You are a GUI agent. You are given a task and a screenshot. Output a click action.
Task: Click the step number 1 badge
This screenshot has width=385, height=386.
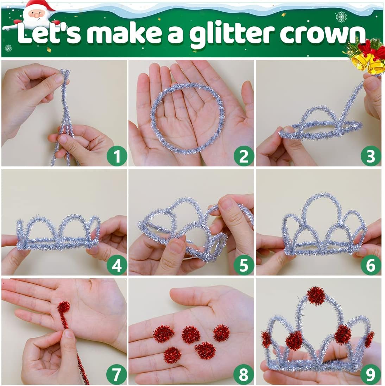tap(116, 156)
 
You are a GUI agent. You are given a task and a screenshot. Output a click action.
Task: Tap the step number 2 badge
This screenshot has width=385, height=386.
tap(244, 156)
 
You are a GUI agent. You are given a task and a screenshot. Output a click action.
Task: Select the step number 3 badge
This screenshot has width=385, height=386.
tap(371, 156)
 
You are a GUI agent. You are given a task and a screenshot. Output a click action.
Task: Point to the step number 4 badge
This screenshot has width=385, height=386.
tap(116, 265)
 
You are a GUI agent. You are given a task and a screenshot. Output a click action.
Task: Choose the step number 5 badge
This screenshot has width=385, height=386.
tap(244, 265)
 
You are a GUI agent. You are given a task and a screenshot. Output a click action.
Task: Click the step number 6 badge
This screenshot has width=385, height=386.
tap(371, 265)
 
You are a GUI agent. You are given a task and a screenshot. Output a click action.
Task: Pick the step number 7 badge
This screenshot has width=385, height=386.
tap(116, 374)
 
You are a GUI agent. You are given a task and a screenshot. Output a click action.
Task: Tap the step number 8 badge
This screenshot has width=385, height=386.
tap(244, 374)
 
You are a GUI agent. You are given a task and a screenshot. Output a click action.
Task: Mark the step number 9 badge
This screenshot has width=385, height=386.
tap(371, 374)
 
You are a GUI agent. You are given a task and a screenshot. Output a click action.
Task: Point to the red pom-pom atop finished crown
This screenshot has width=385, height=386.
tap(316, 296)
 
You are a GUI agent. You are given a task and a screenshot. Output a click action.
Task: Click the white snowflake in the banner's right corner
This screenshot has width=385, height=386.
tap(341, 17)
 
